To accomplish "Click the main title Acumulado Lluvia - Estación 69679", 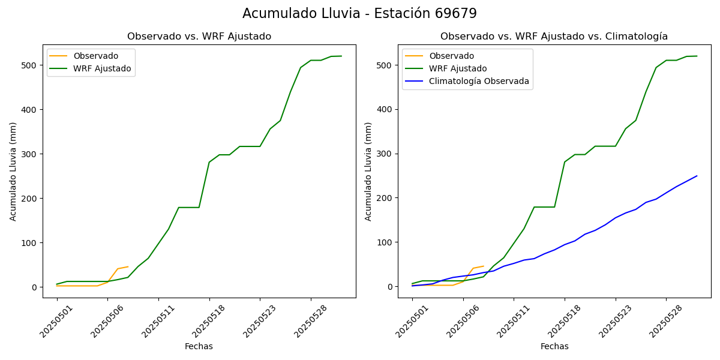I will [x=359, y=14].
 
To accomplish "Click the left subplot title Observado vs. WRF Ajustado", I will [x=199, y=37].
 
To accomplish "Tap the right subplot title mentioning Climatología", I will [x=554, y=37].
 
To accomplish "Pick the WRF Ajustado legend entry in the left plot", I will [x=102, y=68].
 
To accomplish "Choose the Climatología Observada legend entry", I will [x=479, y=82].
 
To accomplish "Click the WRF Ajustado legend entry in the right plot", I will [x=458, y=68].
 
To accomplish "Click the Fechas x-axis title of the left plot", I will [x=199, y=346].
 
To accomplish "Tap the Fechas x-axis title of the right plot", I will [x=554, y=346].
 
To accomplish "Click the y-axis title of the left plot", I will [x=13, y=171].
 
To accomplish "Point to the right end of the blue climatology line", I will [x=697, y=176].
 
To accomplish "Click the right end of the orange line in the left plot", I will [x=128, y=266].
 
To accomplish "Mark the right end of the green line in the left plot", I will [x=341, y=56].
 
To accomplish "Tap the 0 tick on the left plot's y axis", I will [x=36, y=287].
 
